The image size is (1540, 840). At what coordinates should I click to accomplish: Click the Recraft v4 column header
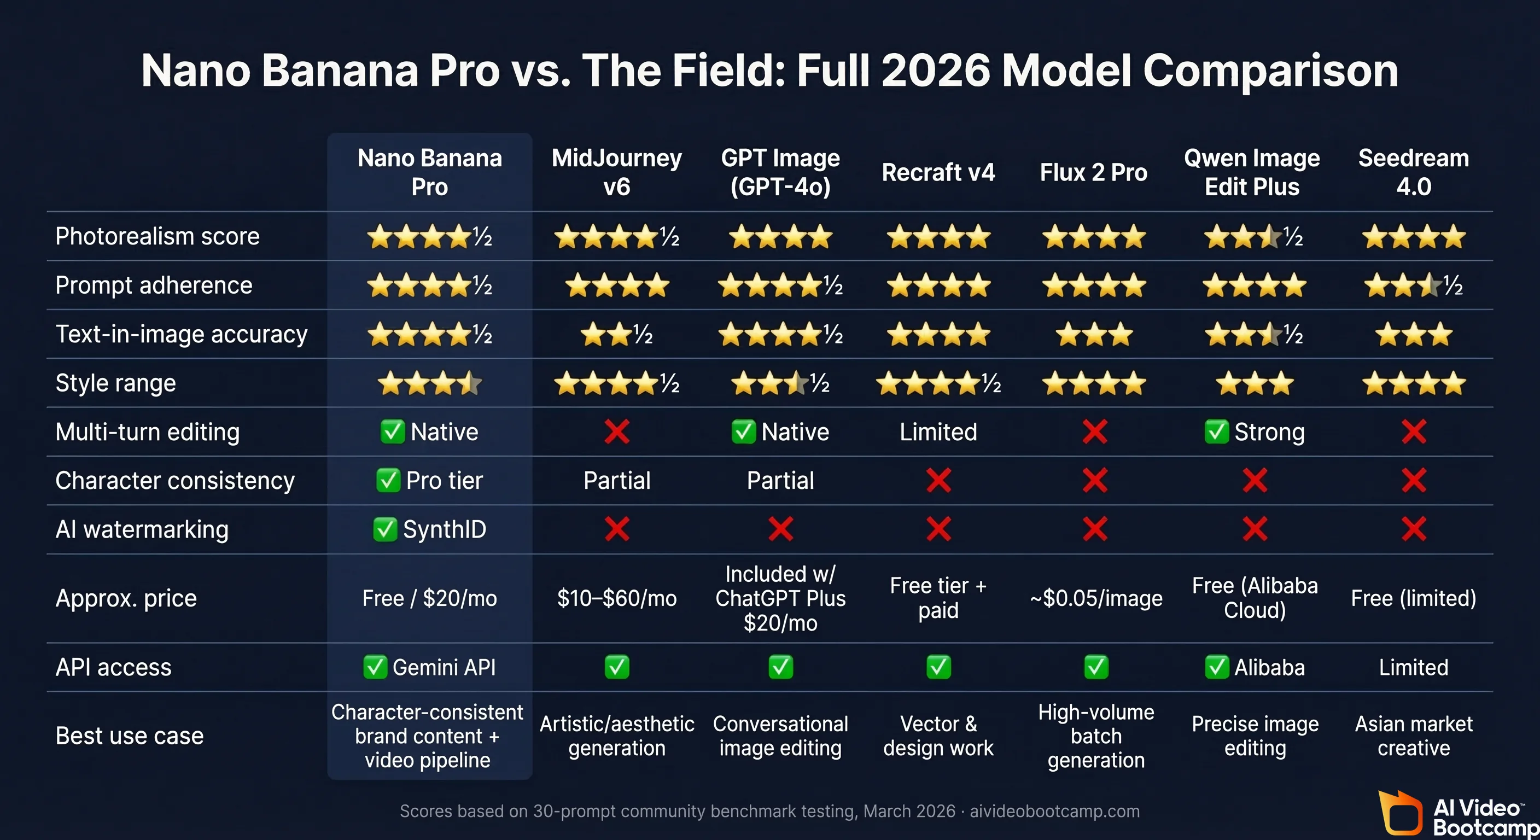coord(938,173)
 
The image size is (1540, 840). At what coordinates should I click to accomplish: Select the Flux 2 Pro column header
coord(1093,173)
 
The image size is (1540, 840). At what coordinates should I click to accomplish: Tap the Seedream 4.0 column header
coord(1413,172)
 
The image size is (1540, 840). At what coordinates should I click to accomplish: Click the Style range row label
coord(115,383)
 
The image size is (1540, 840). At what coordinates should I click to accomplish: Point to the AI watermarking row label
coord(142,530)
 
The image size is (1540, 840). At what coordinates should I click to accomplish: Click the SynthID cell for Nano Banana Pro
coord(429,530)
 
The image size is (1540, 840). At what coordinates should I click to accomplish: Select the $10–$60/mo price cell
coord(616,598)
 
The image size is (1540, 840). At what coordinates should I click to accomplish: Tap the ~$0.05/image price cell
coord(1096,598)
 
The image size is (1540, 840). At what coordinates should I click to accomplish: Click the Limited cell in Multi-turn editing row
coord(938,432)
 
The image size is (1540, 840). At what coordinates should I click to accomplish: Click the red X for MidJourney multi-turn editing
coord(616,431)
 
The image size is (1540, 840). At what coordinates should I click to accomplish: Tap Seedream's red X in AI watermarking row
coord(1414,529)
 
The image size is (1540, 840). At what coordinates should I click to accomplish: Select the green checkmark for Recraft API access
coord(938,667)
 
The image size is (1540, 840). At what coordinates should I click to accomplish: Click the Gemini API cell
coord(429,667)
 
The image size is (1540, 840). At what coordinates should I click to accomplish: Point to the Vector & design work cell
coord(938,736)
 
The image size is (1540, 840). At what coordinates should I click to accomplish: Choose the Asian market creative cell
coord(1413,736)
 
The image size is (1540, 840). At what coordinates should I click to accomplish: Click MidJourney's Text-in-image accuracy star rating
coord(616,334)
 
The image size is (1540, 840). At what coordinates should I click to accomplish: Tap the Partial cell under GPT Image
coord(780,481)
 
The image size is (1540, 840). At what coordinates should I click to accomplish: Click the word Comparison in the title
coord(1270,71)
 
